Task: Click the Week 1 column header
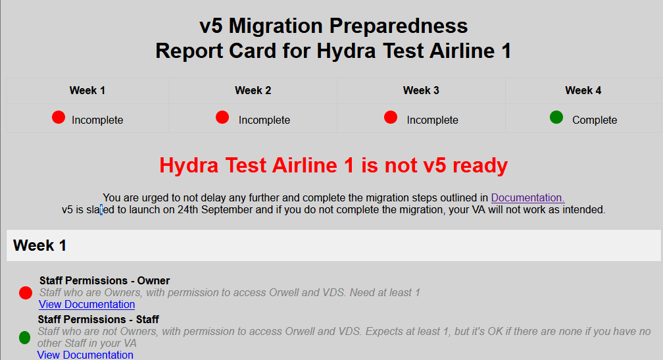tap(87, 91)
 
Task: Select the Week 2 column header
tap(253, 91)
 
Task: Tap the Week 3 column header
tap(421, 91)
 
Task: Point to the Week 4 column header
tap(583, 91)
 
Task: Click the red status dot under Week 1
tap(59, 117)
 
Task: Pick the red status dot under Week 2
tap(222, 117)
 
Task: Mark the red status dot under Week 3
tap(391, 117)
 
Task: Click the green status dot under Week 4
tap(556, 117)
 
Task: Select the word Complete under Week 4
tap(595, 120)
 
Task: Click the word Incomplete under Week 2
tap(264, 120)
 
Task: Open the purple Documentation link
tap(528, 197)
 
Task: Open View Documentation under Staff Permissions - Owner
tap(87, 304)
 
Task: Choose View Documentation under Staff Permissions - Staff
tap(85, 355)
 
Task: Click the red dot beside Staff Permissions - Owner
tap(26, 293)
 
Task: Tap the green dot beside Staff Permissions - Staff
tap(25, 338)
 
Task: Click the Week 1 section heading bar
tap(333, 245)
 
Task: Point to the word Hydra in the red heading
tap(189, 165)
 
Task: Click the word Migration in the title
tap(276, 26)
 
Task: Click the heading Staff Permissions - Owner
tap(105, 280)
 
